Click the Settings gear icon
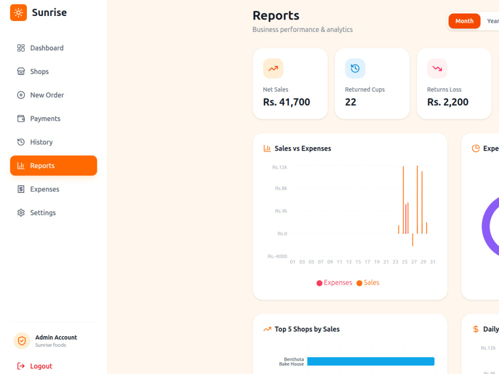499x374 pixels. tap(21, 213)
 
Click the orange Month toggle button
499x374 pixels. tap(464, 21)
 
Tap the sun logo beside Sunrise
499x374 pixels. tap(18, 13)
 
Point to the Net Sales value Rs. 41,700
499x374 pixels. tap(286, 102)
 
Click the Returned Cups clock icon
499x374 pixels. tap(355, 68)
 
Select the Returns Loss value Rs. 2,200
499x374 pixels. tap(448, 102)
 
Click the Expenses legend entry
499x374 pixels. tap(334, 283)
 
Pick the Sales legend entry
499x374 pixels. tap(368, 283)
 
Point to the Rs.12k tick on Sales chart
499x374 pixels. tap(279, 167)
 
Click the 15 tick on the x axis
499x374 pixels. tap(358, 262)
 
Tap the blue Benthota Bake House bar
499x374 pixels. tap(371, 361)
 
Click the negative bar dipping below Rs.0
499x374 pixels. tap(413, 240)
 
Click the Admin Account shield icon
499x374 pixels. tap(21, 341)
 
